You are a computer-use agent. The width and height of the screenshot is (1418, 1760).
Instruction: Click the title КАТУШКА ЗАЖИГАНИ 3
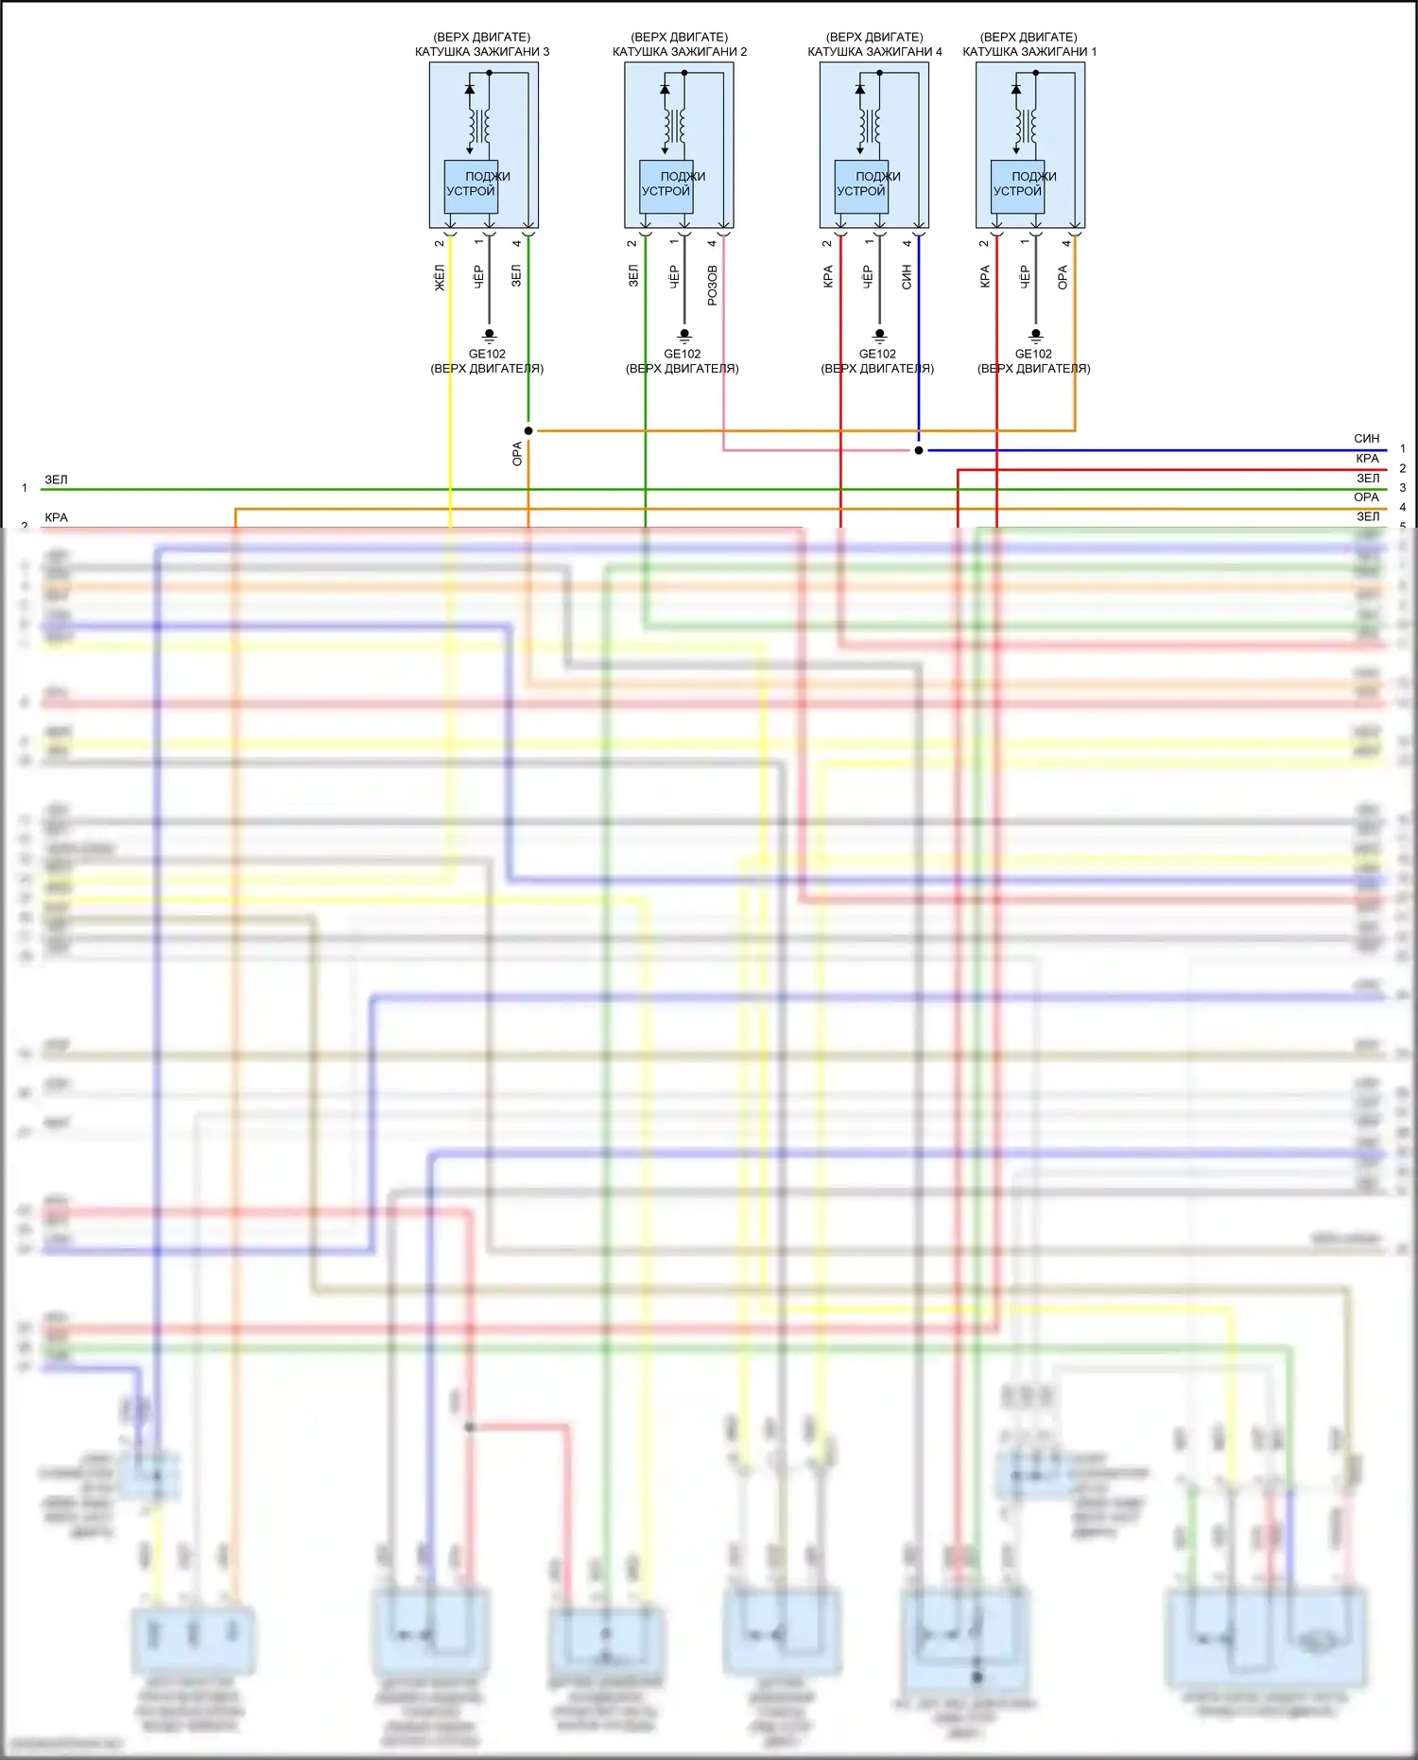482,52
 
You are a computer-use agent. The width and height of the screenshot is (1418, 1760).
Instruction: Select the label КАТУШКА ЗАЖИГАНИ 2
680,52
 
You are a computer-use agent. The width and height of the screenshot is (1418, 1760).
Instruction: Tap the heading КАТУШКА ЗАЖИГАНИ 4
874,52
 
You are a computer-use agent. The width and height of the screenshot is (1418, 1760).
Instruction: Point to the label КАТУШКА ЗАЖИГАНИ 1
1029,52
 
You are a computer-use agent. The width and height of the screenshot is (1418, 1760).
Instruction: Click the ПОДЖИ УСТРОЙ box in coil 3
471,185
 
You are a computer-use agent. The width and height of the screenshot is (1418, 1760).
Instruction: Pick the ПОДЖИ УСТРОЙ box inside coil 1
1017,185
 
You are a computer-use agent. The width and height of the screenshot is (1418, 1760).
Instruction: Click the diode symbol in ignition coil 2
665,90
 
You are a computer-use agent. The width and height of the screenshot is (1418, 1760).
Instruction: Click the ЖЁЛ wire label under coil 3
440,278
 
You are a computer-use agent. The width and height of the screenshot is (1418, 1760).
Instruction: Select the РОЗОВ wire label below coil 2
713,284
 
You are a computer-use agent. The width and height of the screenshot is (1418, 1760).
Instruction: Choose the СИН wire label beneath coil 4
907,276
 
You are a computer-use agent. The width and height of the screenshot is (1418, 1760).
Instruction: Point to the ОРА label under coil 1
1063,276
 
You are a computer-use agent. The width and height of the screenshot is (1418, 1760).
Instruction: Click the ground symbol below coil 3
489,335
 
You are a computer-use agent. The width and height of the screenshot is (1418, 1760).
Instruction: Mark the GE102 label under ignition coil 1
1033,354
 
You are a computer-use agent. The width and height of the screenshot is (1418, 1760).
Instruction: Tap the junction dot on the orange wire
528,431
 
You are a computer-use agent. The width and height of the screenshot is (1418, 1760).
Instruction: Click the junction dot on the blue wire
919,450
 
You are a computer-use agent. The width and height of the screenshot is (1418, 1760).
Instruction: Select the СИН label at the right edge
1366,439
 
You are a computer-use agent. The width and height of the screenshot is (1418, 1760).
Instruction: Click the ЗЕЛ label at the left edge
57,480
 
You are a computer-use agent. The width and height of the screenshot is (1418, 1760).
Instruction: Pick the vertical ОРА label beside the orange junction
517,454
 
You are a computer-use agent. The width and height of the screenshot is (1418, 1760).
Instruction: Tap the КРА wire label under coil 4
828,276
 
